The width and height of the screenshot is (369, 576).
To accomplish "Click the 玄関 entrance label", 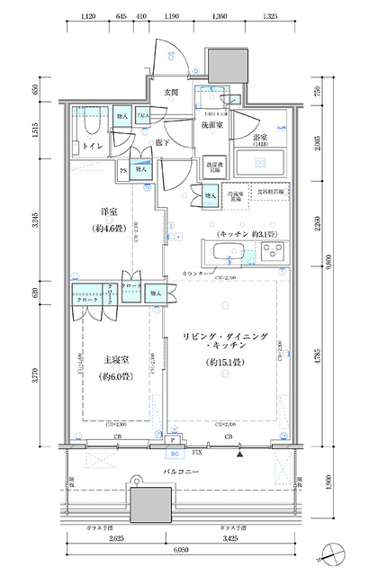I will (x=170, y=93).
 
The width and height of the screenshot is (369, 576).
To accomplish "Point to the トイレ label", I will (x=90, y=145).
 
